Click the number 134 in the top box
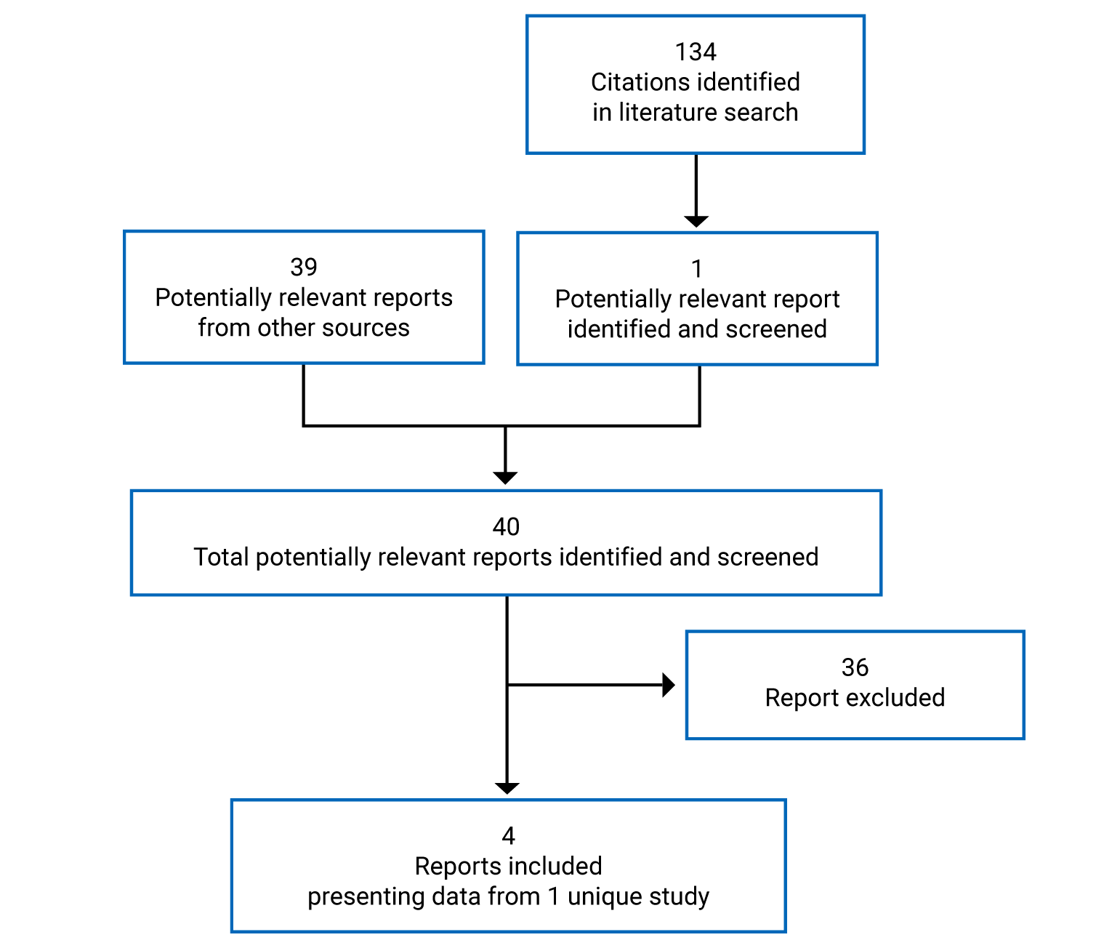click(696, 52)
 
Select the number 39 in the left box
click(304, 268)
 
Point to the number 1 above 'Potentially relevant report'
click(697, 269)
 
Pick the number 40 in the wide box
click(506, 527)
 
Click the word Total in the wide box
click(222, 557)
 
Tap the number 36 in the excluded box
click(855, 667)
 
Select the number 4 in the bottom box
click(508, 836)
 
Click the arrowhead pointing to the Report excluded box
click(669, 685)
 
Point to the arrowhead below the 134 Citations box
click(696, 221)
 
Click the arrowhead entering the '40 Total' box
click(505, 478)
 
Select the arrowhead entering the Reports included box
click(507, 788)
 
